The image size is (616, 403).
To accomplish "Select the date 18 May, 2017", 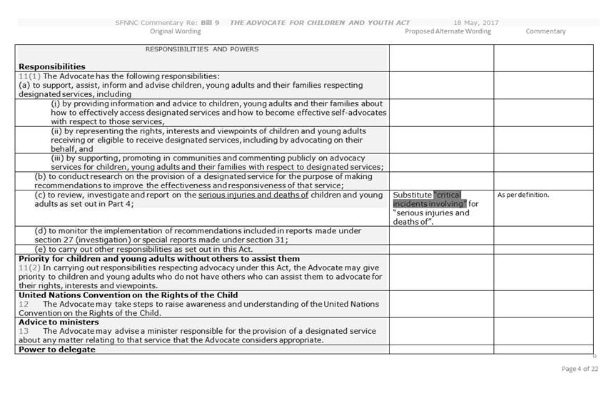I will (476, 23).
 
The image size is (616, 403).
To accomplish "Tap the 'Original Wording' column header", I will (176, 31).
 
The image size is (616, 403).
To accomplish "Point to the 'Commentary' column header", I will (545, 31).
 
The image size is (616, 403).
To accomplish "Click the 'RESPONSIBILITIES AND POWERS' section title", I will (202, 49).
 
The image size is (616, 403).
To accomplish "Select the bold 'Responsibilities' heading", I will (52, 67).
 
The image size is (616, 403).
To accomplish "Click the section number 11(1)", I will (30, 76).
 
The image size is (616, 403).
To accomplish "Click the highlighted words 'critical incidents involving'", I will (437, 199).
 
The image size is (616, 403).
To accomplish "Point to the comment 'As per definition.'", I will (523, 195).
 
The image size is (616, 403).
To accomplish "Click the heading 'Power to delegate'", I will (56, 350).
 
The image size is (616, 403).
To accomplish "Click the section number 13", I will (24, 331).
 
